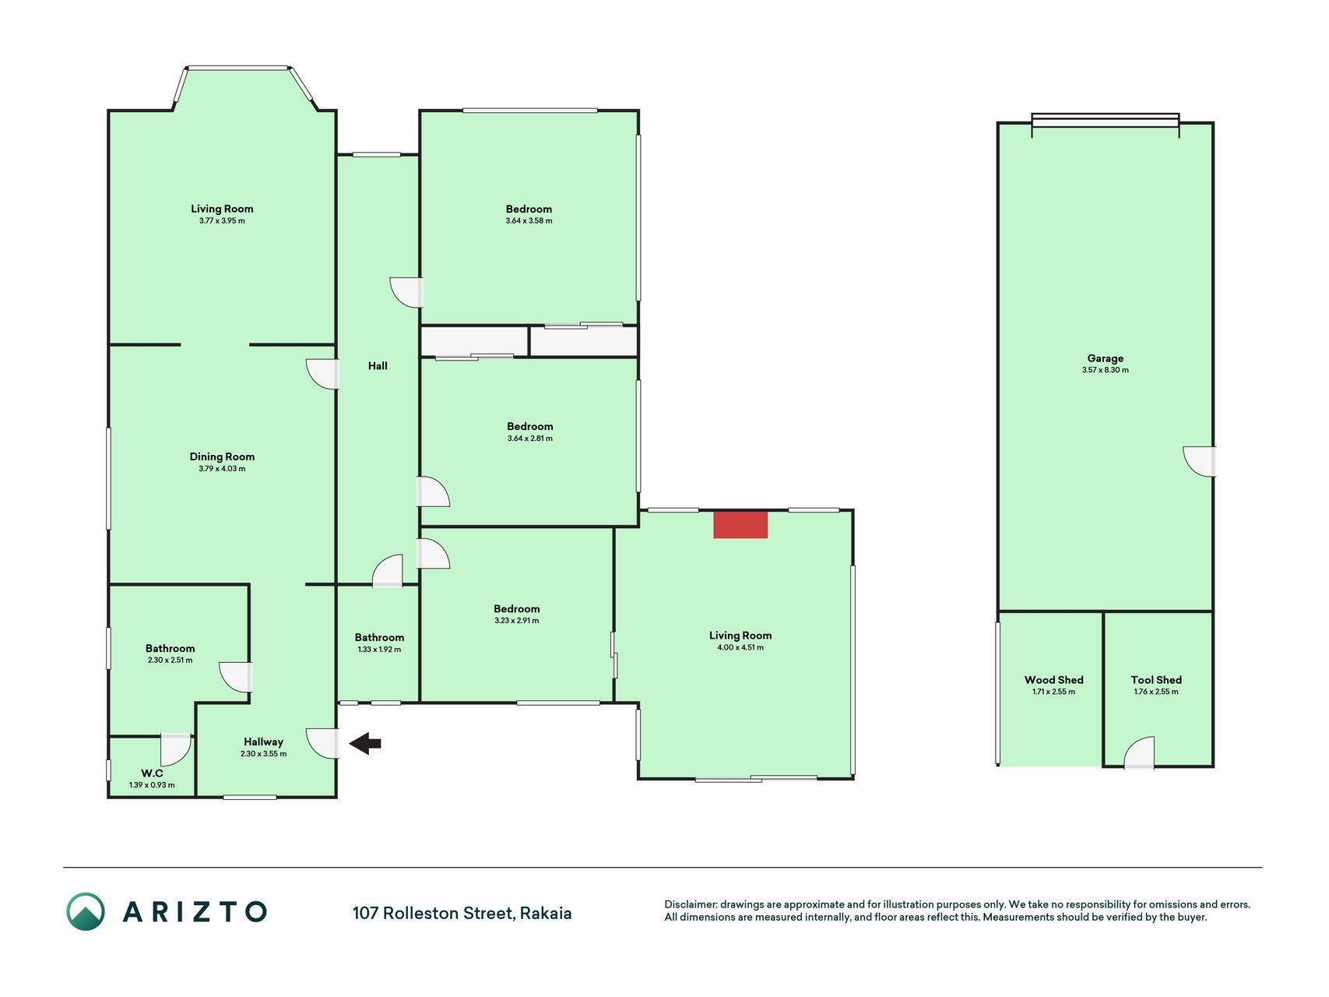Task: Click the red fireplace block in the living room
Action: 740,524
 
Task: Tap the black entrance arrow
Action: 364,744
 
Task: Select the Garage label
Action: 1105,358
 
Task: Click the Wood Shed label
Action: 1053,680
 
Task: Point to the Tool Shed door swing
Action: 1139,752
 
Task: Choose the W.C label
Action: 152,773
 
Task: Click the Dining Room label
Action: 222,456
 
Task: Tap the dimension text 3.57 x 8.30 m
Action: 1105,370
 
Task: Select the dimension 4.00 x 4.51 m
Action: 740,647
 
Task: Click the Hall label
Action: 378,365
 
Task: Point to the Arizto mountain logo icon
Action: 85,911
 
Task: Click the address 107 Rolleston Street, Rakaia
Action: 462,913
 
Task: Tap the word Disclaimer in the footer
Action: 690,904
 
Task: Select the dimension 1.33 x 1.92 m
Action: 379,649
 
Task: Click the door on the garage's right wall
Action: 1200,461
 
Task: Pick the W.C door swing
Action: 175,749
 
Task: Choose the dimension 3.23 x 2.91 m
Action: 516,621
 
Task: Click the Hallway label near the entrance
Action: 263,742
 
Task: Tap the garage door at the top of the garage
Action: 1105,121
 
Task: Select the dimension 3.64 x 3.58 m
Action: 529,220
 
